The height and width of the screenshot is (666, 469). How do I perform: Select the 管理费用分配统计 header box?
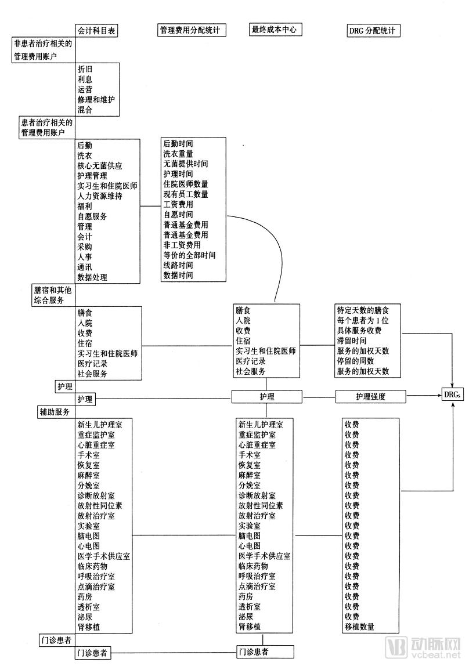[x=192, y=30]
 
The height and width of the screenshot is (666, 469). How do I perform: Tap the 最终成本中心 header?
[x=273, y=30]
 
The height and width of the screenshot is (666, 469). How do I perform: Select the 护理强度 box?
[x=370, y=397]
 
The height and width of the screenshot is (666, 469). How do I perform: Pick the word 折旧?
[x=85, y=68]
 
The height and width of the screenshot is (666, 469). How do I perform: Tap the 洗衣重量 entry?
[x=178, y=154]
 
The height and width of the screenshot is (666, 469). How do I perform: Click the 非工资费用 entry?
[x=182, y=245]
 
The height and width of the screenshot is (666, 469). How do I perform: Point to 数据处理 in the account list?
[x=92, y=277]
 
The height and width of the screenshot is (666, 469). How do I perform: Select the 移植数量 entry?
[x=359, y=627]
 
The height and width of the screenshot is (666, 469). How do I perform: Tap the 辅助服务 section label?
[x=54, y=412]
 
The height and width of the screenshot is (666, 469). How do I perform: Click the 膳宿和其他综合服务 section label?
[x=52, y=294]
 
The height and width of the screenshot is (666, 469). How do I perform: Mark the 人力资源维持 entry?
[x=100, y=196]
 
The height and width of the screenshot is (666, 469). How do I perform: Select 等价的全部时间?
[x=189, y=255]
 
